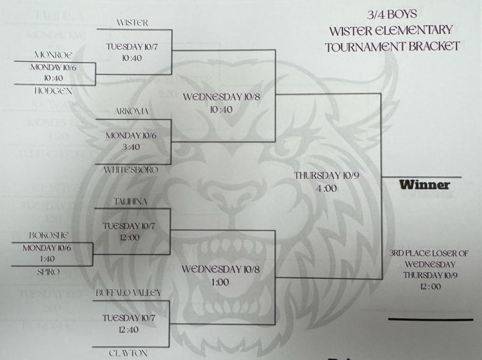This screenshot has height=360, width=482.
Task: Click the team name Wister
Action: pyautogui.click(x=132, y=23)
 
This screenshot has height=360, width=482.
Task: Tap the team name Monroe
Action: pyautogui.click(x=53, y=55)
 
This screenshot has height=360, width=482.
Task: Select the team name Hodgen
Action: pyautogui.click(x=53, y=91)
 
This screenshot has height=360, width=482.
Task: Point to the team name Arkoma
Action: pyautogui.click(x=131, y=112)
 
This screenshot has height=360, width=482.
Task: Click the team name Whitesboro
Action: pyautogui.click(x=131, y=170)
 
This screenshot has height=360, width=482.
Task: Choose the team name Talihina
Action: pyautogui.click(x=130, y=201)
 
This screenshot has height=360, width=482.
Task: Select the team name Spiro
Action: pyautogui.click(x=48, y=272)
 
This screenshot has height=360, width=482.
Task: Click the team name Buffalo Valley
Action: pyautogui.click(x=129, y=293)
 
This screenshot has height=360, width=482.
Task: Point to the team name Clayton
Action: pyautogui.click(x=129, y=353)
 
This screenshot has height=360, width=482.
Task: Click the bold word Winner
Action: pyautogui.click(x=424, y=185)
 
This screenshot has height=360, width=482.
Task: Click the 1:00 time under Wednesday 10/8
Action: pyautogui.click(x=220, y=282)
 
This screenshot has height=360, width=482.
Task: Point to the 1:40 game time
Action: pyautogui.click(x=47, y=259)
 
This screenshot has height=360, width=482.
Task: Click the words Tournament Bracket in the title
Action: pyautogui.click(x=392, y=46)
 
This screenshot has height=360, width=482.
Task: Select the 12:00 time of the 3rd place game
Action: pyautogui.click(x=428, y=287)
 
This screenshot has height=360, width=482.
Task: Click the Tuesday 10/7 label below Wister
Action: pyautogui.click(x=130, y=47)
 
